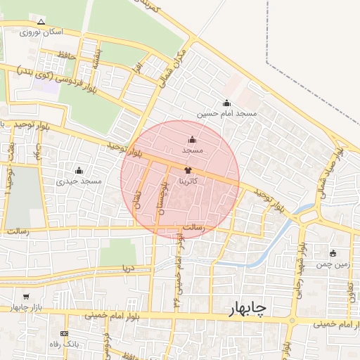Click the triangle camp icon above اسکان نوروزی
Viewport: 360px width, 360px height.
41,22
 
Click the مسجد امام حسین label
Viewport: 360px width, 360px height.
226,113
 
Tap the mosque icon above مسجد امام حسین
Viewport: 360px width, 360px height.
226,103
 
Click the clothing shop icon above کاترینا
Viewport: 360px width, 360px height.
188,170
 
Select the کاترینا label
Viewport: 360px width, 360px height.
193,181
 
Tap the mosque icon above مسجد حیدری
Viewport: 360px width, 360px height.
79,171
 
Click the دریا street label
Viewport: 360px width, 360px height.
127,268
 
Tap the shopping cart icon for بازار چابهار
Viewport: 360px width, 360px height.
26,297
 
